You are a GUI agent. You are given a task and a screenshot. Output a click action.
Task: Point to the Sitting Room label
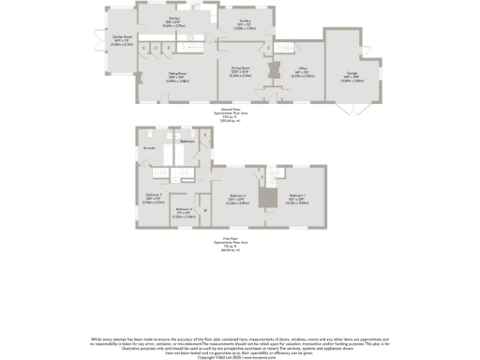pos(175,78)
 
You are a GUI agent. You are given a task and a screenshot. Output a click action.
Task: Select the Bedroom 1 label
pos(296,198)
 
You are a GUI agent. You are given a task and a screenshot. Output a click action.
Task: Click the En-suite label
pos(148,148)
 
